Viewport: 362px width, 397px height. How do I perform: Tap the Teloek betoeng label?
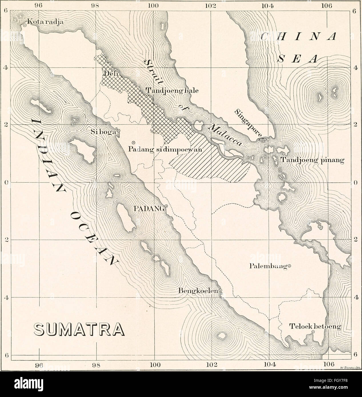315,326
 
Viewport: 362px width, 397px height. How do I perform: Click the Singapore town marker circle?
263,140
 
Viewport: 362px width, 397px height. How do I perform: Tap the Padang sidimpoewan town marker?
133,143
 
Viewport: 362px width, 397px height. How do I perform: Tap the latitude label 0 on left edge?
5,183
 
